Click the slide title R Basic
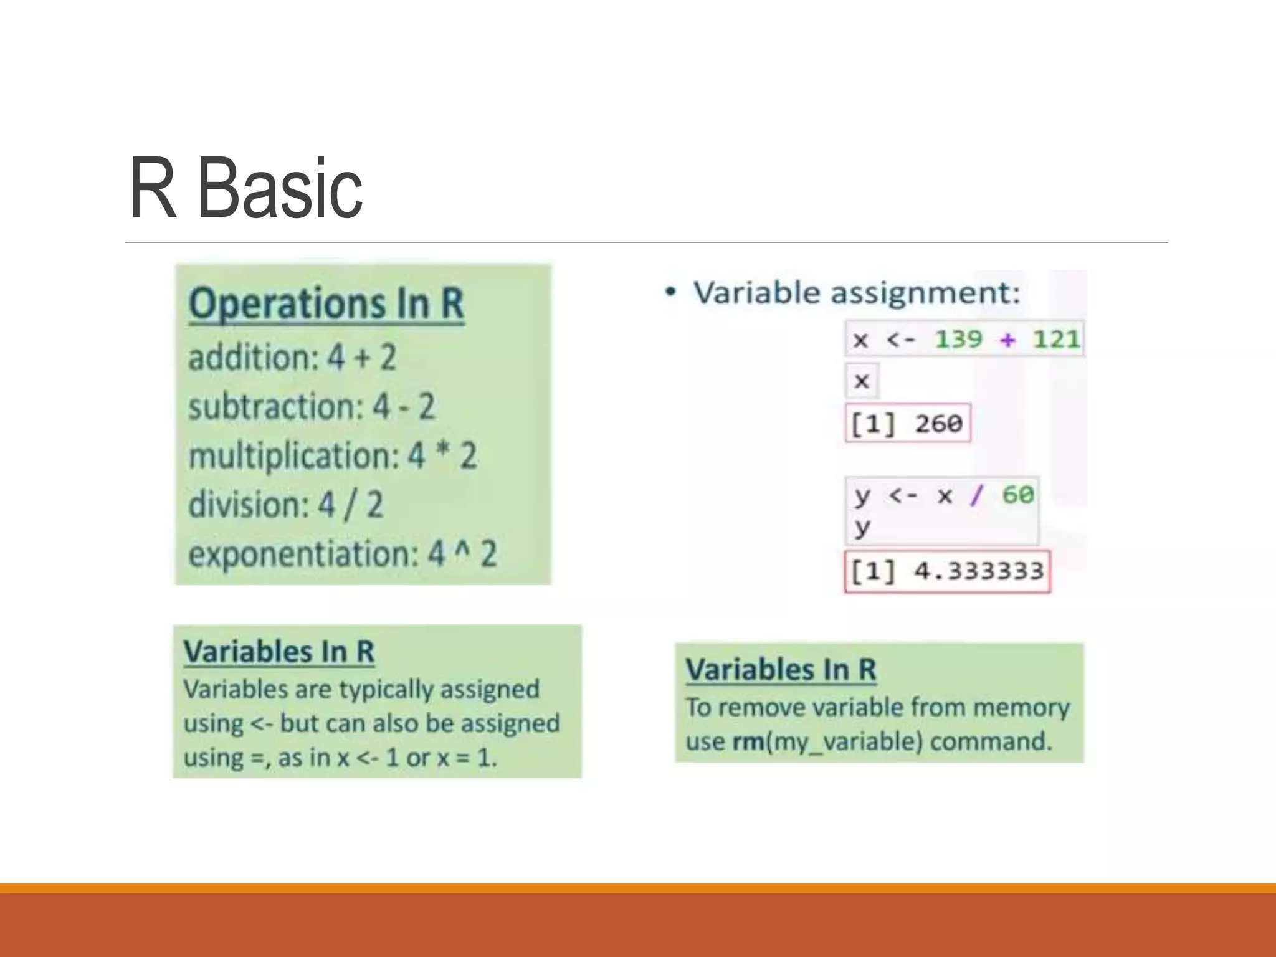(x=245, y=189)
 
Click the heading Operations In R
(x=326, y=304)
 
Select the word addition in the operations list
(x=253, y=358)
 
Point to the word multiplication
(x=293, y=455)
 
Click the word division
(x=249, y=504)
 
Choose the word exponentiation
(x=303, y=553)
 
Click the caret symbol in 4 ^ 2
(x=462, y=548)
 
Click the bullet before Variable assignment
(x=670, y=292)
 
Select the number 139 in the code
(x=958, y=340)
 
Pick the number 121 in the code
(x=1056, y=340)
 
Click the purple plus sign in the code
(x=1007, y=340)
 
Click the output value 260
(x=938, y=424)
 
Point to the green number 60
(x=1018, y=495)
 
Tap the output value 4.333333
(x=978, y=571)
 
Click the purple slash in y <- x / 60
(x=976, y=495)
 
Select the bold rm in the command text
(x=748, y=741)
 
